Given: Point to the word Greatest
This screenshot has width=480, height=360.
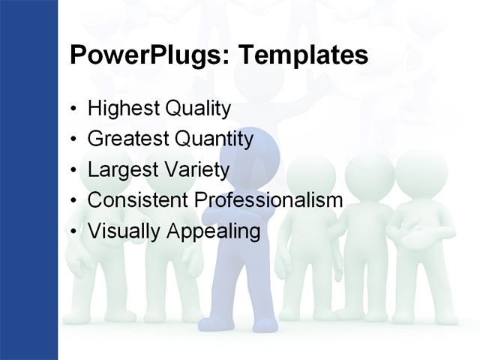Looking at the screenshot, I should tap(128, 139).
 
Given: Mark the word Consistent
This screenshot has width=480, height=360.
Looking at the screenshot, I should tap(138, 201).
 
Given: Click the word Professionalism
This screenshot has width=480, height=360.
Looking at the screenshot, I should tap(268, 201).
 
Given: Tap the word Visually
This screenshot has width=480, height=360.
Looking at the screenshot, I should tap(124, 232).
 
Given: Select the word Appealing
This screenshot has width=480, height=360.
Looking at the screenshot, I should tap(213, 232).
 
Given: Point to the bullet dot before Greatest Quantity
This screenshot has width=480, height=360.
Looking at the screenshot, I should tap(73, 140).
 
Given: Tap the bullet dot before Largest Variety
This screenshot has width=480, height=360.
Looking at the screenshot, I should tap(73, 171).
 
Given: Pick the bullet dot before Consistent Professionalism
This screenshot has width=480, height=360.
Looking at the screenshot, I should tap(73, 202).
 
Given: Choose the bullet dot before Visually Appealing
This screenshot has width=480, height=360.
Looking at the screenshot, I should tap(73, 232).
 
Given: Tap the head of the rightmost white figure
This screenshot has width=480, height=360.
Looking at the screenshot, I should tap(421, 174).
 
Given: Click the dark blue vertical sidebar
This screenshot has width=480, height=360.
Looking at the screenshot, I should tap(28, 180).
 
